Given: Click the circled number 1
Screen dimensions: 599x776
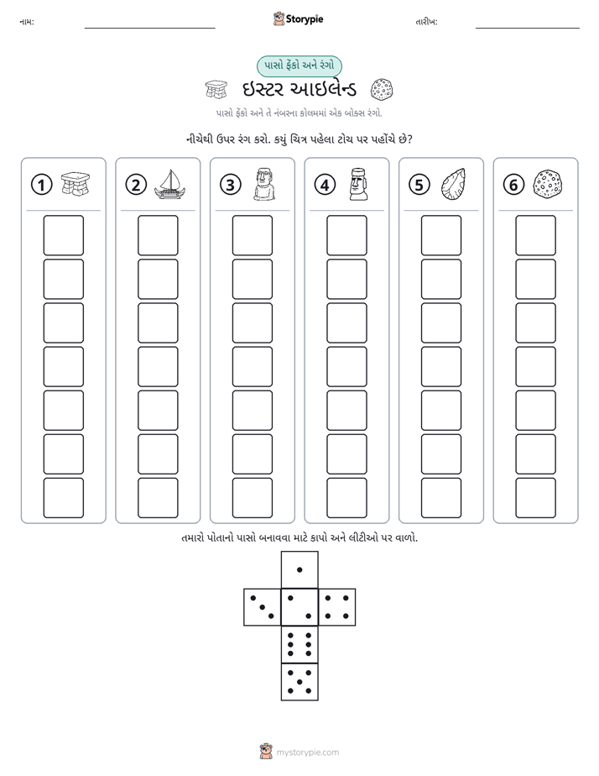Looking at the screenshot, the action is coord(41,185).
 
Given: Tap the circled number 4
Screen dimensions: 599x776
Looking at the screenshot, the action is coord(325,185).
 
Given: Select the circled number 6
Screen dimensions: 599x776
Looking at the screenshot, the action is coord(513,185).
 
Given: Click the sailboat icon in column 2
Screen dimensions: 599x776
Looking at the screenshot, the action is coord(169,184).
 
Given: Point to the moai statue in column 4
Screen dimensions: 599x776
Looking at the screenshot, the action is coord(358,184).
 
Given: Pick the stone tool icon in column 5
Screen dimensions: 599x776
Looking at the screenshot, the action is coord(453,185).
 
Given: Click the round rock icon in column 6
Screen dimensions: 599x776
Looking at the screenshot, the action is coord(548,184).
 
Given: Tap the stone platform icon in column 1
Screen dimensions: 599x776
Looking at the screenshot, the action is coord(76,184).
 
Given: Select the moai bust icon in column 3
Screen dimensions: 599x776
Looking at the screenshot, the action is coord(264,184).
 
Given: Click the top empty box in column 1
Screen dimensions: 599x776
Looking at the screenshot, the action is coord(63,235).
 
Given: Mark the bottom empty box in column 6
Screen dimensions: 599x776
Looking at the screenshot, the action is coord(536,498).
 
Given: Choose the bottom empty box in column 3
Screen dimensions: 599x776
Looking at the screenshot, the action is coord(252,498).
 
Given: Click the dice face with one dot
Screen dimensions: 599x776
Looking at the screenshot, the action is coord(299,569).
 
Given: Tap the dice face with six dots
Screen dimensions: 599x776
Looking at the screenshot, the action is coord(299,644).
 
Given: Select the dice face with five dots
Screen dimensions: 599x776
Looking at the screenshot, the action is coord(299,682).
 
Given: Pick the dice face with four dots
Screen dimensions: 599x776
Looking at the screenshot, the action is coord(337,607).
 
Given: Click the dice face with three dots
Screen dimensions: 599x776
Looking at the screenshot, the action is coord(263,607).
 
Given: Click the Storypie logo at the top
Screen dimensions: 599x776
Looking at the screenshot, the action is coord(298,19).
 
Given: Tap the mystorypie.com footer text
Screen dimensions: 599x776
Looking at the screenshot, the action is coord(307,752).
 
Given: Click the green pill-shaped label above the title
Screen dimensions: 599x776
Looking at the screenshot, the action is coord(299,66).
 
